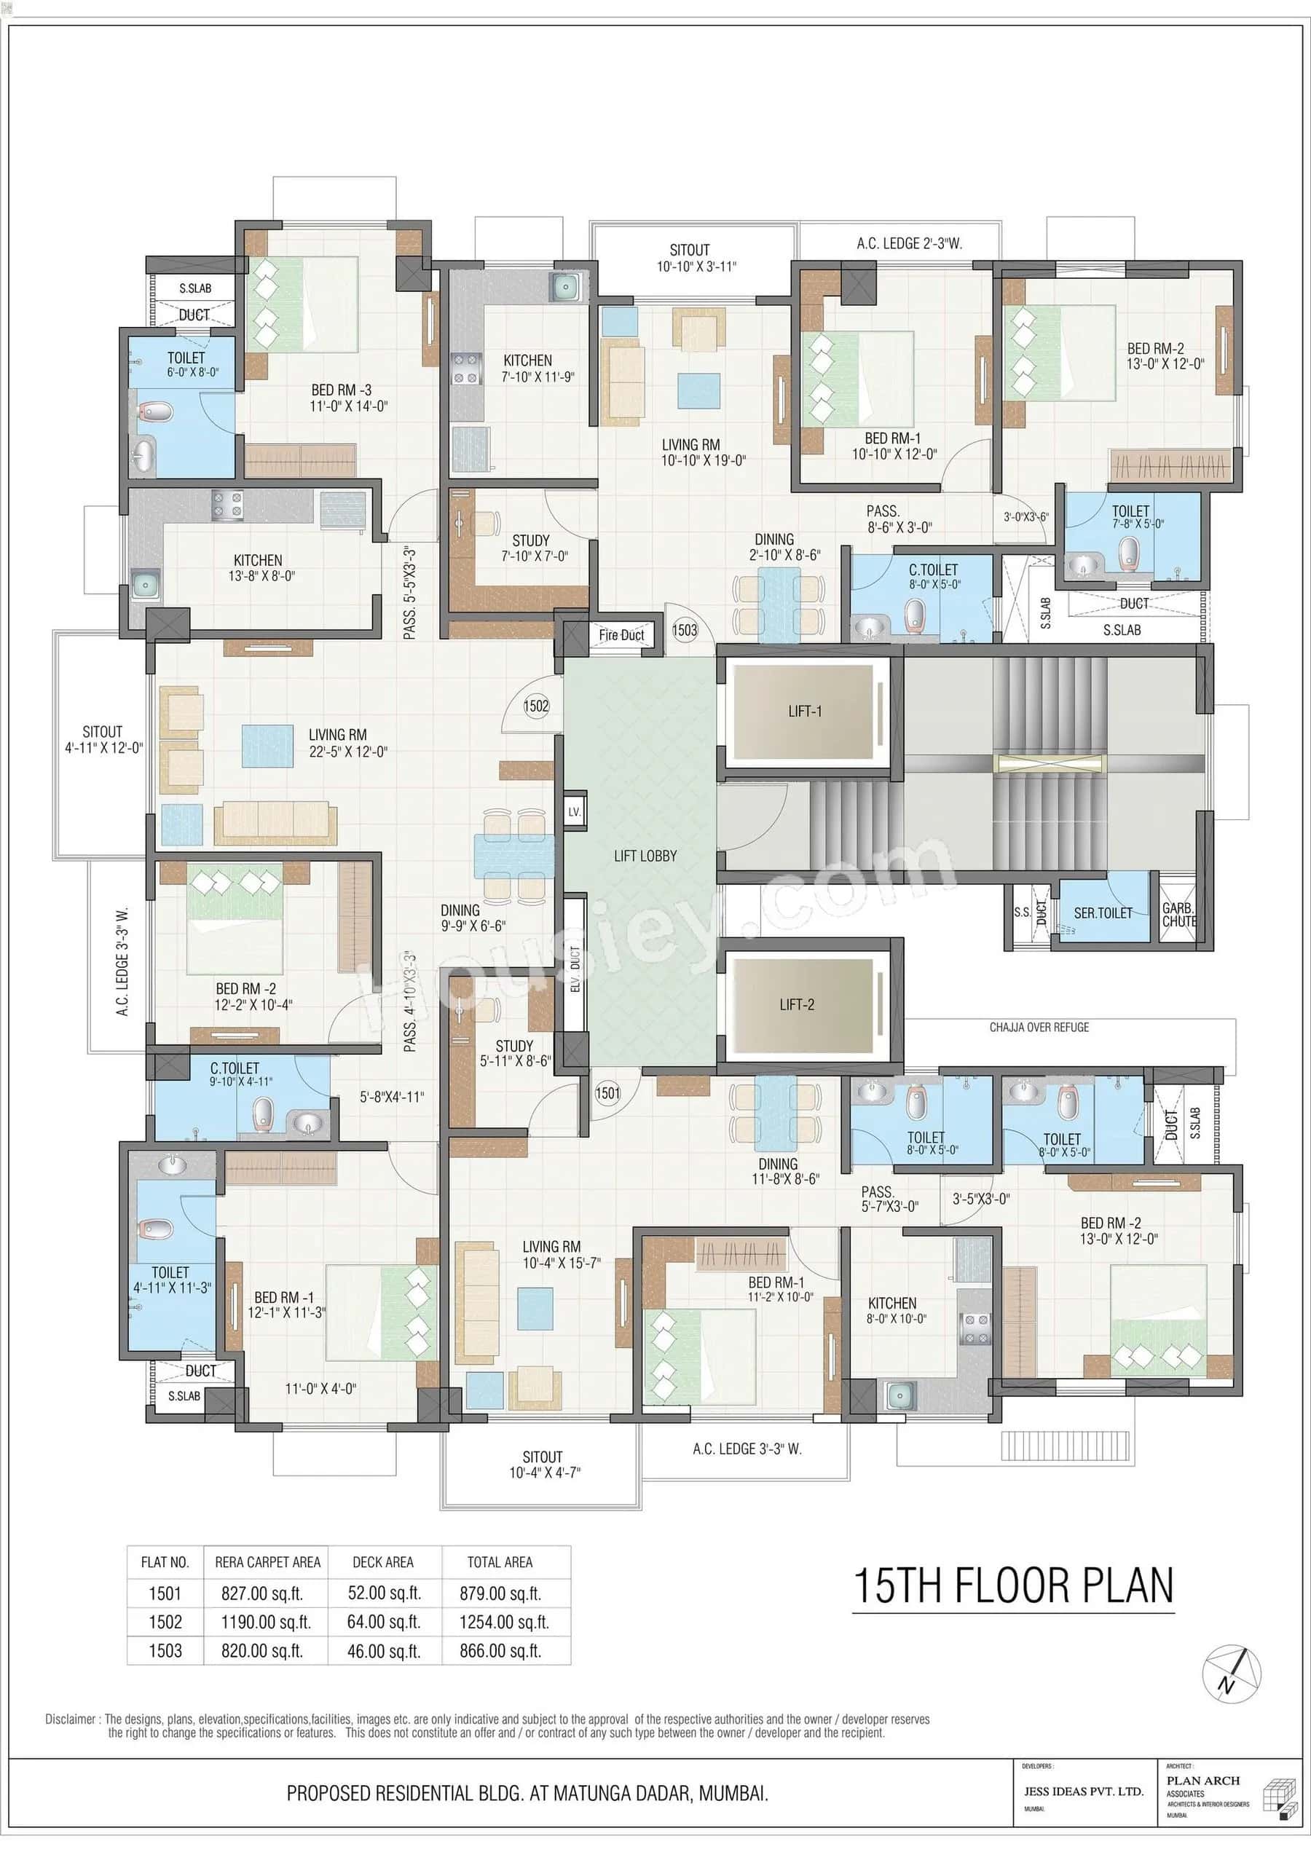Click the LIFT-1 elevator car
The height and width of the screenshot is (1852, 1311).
[804, 712]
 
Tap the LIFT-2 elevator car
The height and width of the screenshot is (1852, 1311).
[798, 1005]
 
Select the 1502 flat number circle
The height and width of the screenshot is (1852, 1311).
[536, 706]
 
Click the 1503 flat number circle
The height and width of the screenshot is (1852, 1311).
[685, 629]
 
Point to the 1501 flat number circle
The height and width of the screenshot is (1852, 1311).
[608, 1093]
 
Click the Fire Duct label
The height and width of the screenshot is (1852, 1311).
[621, 635]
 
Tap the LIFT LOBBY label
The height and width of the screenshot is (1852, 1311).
[645, 856]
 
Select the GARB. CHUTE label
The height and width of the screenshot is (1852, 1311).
[1178, 914]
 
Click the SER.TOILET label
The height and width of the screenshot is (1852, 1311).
[1103, 913]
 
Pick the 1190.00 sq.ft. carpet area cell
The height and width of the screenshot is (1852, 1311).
[267, 1622]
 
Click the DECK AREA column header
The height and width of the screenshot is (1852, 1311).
[383, 1562]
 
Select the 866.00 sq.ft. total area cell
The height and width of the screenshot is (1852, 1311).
[500, 1651]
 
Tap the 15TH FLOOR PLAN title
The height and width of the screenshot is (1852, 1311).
[1013, 1585]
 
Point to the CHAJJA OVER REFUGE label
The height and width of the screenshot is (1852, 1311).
[1039, 1028]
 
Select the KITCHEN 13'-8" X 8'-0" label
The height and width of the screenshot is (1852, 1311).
[259, 567]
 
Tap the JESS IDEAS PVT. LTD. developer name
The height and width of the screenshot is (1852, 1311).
[1083, 1791]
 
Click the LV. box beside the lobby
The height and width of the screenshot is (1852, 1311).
[574, 812]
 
